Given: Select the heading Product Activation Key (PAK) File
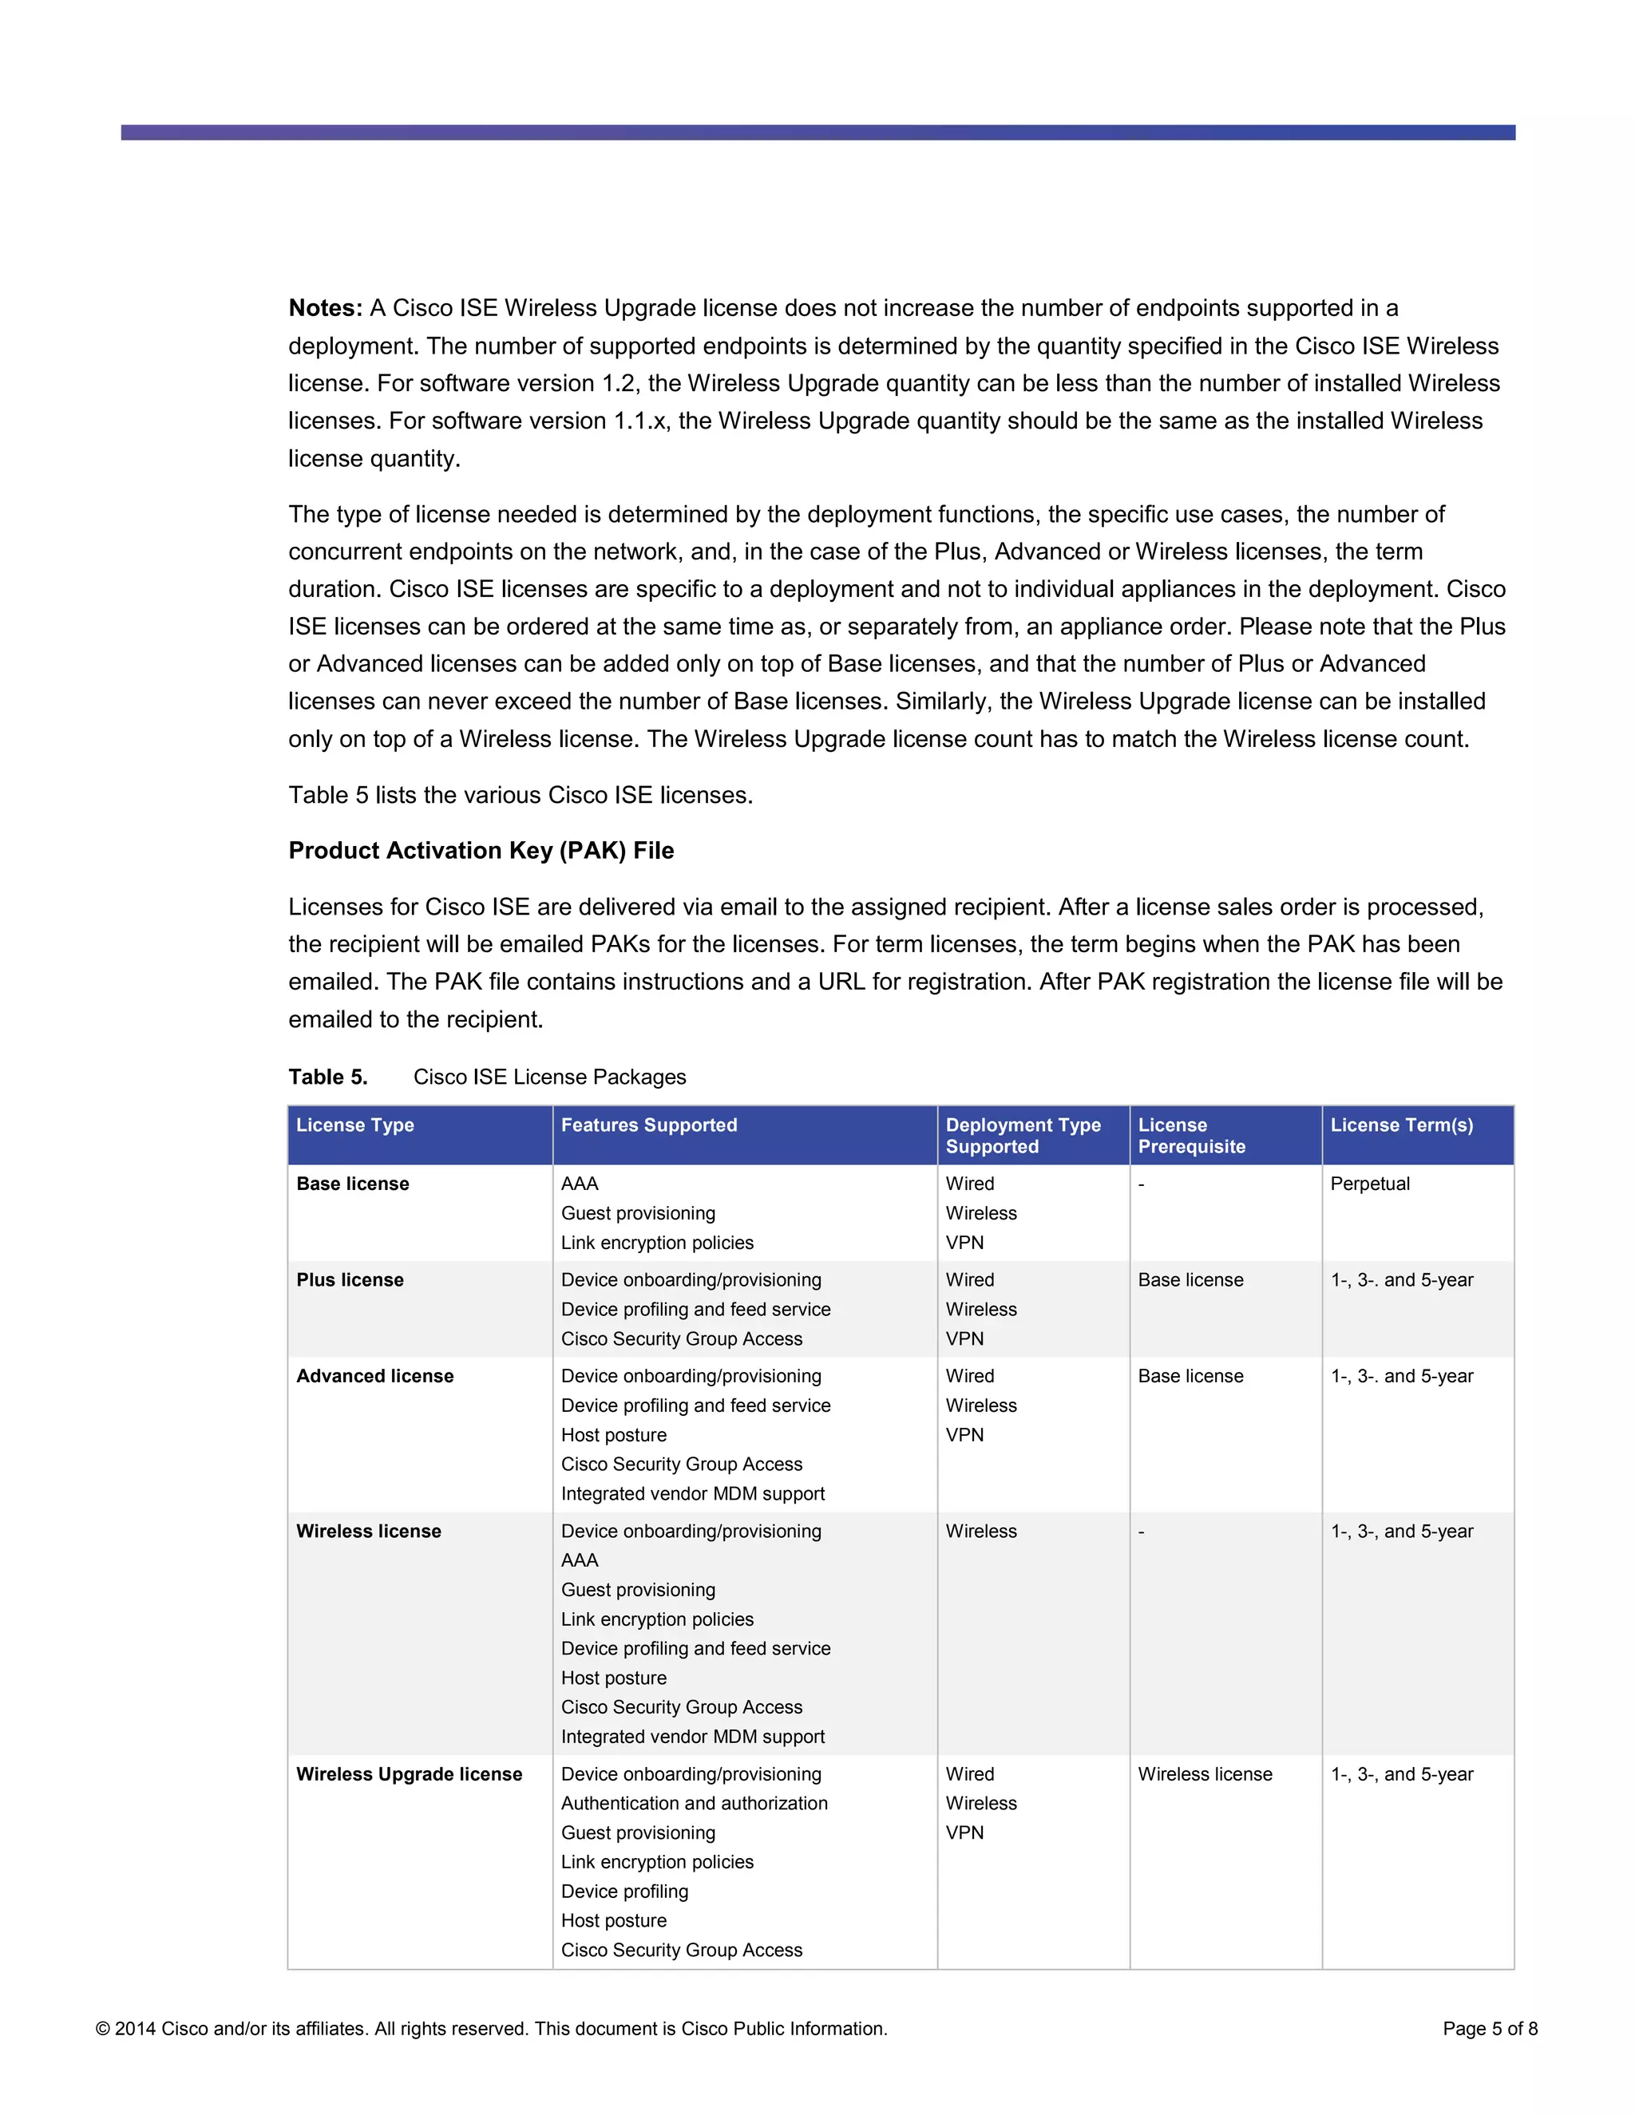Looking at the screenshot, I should tap(481, 850).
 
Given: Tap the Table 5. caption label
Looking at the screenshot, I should tap(327, 1077).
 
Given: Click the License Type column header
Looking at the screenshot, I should tap(354, 1125).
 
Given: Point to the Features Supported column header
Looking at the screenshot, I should tap(648, 1125).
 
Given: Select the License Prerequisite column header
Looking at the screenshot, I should tap(1190, 1136).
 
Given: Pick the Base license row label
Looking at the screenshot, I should tap(353, 1184).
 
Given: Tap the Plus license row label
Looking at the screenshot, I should tap(350, 1279).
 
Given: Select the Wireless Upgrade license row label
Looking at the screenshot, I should tap(409, 1774).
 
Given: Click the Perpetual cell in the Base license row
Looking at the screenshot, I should tap(1370, 1184).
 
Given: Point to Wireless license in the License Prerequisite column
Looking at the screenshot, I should tap(1204, 1774).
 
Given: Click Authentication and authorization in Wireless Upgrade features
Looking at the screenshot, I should tap(694, 1803).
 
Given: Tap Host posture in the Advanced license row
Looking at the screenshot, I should tap(613, 1435).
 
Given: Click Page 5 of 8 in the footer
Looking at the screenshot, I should tap(1489, 2029).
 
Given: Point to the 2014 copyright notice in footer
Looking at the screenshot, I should tap(490, 2029).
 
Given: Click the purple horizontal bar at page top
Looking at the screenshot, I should tap(817, 132).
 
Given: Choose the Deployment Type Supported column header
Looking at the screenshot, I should tap(1022, 1136).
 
